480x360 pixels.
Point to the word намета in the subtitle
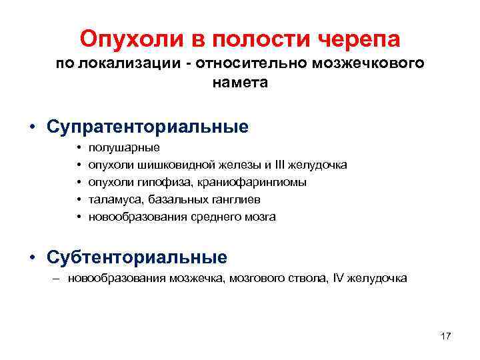[240, 83]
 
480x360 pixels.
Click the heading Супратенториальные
[147, 127]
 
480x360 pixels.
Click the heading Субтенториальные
[137, 257]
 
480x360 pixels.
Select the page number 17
[445, 336]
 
